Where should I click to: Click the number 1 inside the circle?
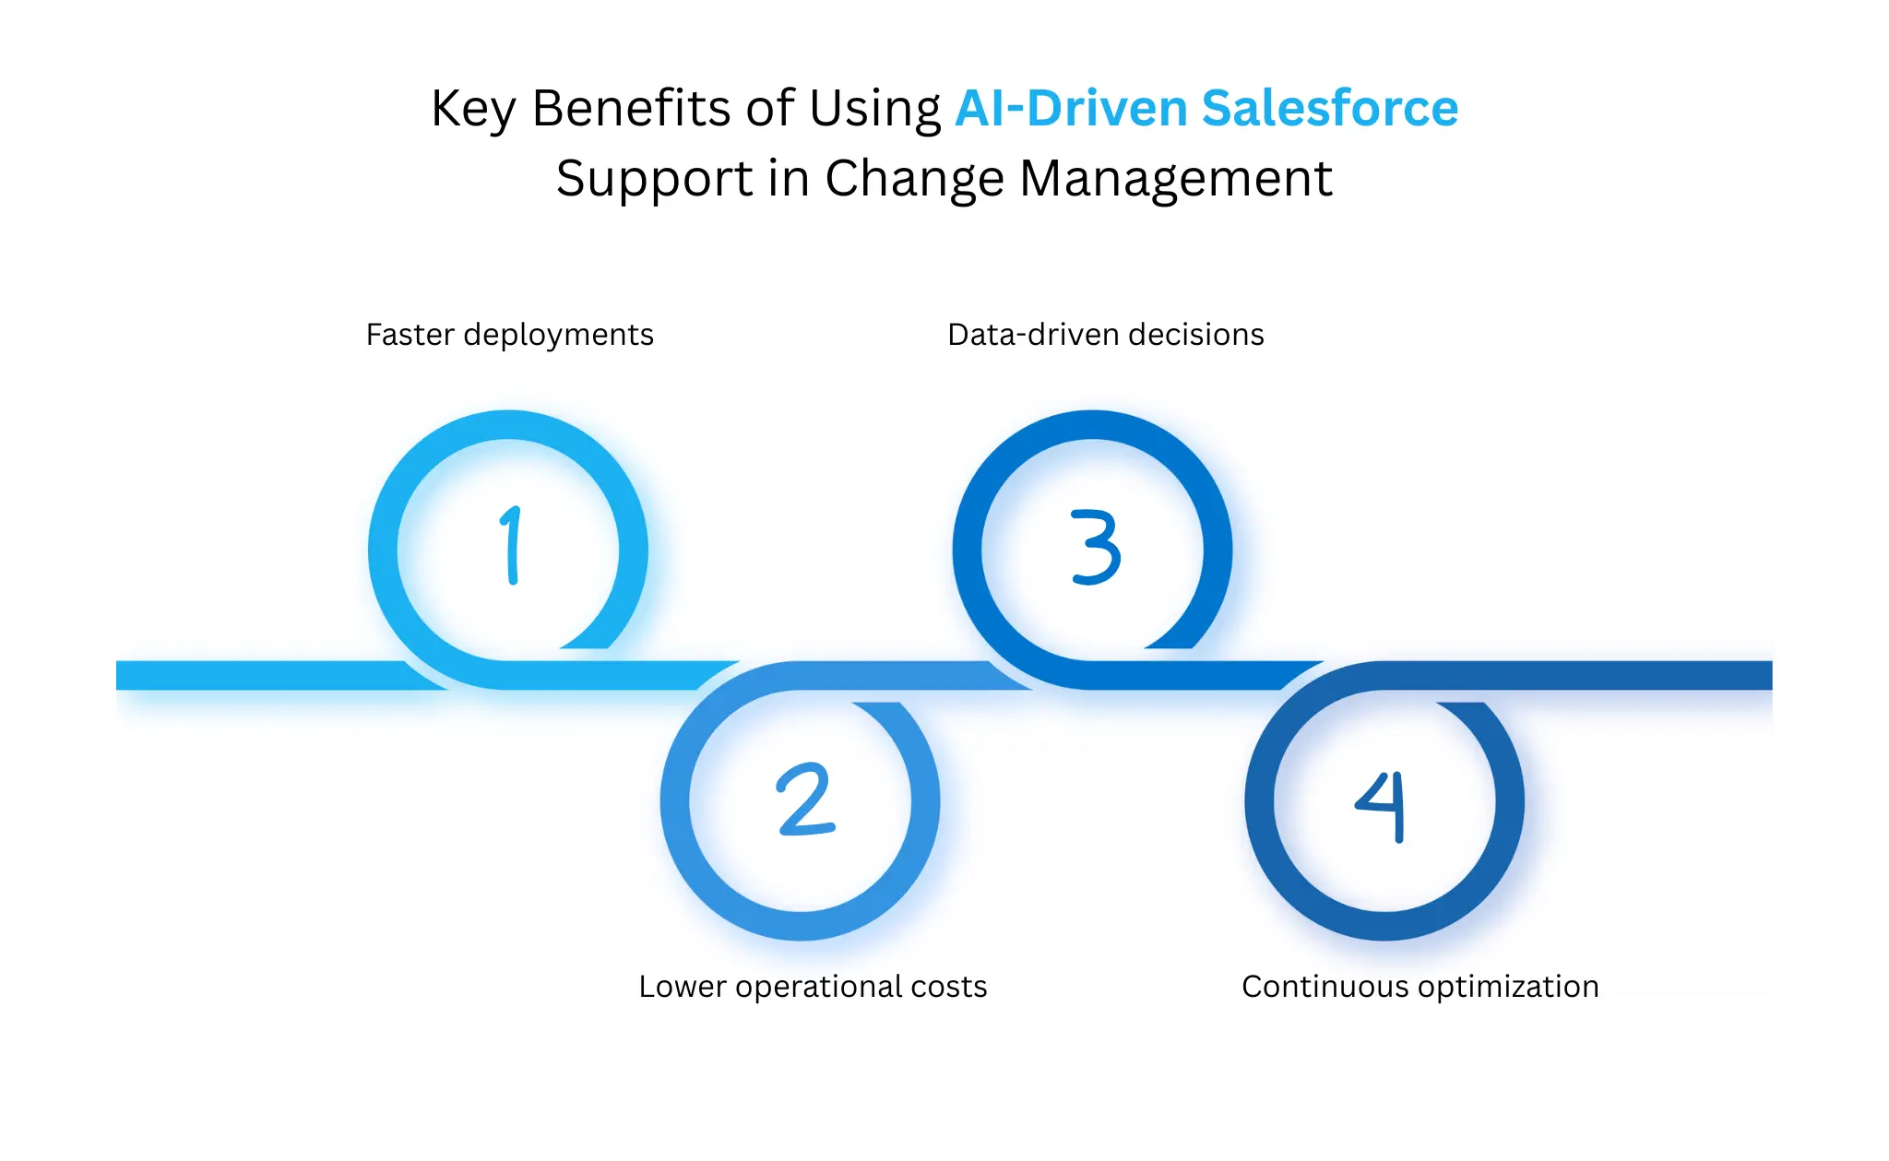511,546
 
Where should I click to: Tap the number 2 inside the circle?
805,800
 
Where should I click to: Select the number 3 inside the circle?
1096,547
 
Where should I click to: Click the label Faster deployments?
509,335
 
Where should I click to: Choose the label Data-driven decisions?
1105,335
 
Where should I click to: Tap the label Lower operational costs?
813,987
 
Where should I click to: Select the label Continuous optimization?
1420,987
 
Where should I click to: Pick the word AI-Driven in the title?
1071,109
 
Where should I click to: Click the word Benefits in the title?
631,109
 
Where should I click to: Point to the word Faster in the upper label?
410,335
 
